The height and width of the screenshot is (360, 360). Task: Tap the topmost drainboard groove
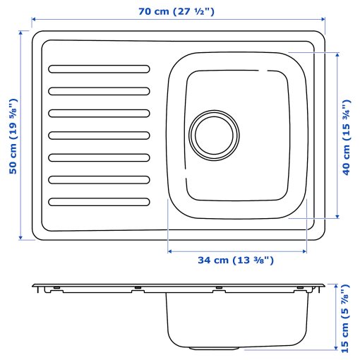tap(99, 69)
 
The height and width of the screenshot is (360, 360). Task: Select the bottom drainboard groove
tap(99, 203)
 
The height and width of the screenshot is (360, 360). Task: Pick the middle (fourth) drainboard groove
tap(99, 136)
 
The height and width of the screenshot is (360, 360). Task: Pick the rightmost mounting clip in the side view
tap(301, 289)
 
